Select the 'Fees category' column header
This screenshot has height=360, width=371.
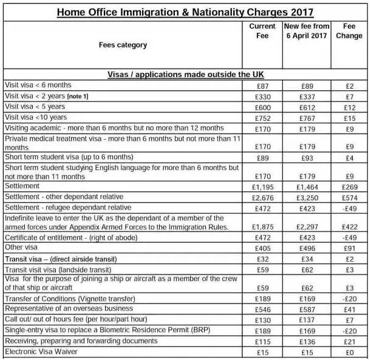123,45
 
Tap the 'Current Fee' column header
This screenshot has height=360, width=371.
262,31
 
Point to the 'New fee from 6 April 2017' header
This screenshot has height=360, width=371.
307,31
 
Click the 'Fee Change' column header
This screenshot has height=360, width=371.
349,31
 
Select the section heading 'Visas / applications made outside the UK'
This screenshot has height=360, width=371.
186,74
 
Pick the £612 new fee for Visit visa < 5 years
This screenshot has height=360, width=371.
307,107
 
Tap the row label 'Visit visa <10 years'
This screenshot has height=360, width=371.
36,117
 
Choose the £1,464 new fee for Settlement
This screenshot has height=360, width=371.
307,186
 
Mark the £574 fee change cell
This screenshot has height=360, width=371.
349,197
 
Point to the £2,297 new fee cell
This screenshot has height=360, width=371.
307,226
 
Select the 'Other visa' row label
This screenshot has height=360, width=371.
22,248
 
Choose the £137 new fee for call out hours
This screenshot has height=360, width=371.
307,319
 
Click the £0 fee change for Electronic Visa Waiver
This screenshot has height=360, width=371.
349,352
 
